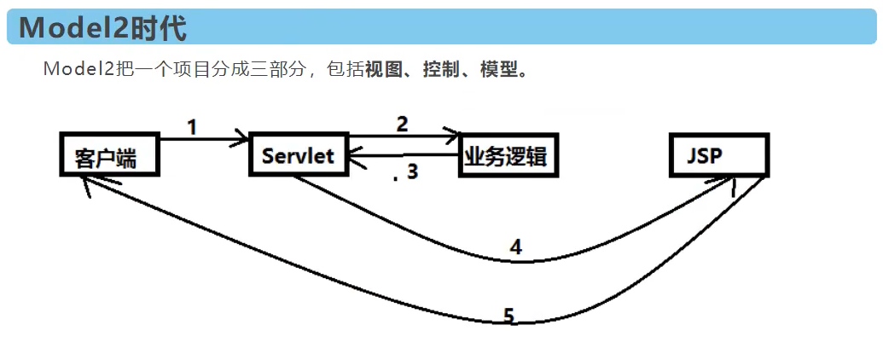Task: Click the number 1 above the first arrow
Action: (192, 127)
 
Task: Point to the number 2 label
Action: (402, 124)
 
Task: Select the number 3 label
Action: (412, 171)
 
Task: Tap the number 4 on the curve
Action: (516, 247)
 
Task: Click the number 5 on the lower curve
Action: (508, 316)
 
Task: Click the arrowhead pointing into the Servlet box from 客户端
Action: (243, 138)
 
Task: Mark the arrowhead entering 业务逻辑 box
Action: (453, 136)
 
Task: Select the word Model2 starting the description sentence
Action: (79, 70)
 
